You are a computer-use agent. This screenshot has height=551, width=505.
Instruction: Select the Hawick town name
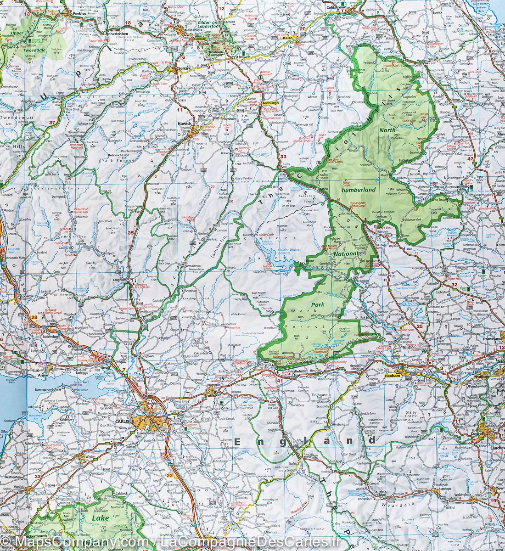pyautogui.click(x=185, y=124)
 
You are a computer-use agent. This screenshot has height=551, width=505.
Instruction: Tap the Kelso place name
pyautogui.click(x=288, y=38)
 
